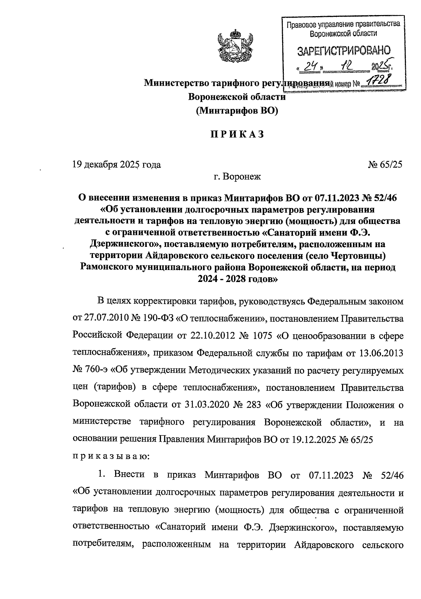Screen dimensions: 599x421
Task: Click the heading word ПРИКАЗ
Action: (237, 134)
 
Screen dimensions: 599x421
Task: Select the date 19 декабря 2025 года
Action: (116, 164)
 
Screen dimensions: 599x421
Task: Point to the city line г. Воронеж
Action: (237, 177)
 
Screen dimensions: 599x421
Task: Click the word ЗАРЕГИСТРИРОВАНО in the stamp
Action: (343, 51)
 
